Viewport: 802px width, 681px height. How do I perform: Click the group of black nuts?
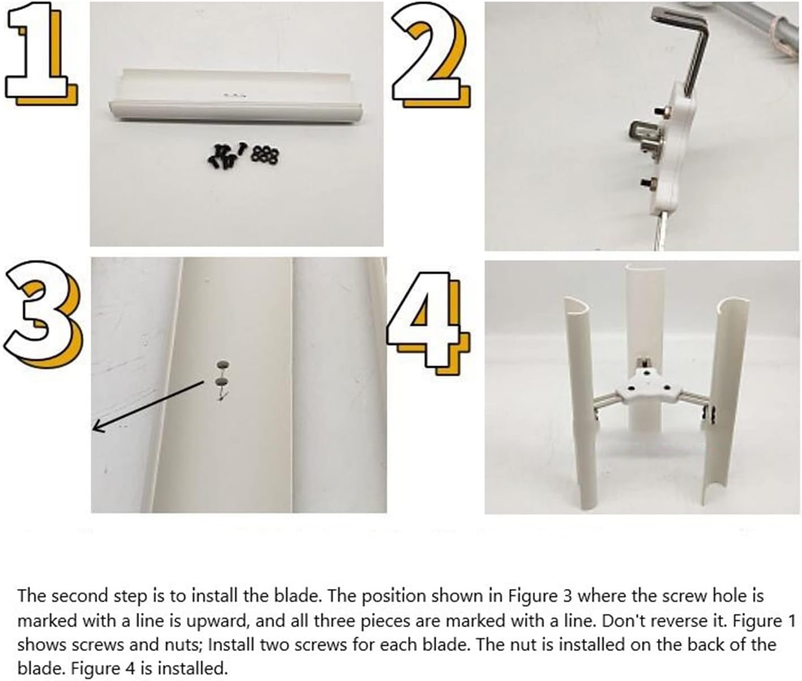tap(264, 154)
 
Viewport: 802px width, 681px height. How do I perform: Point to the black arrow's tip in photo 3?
tap(94, 429)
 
